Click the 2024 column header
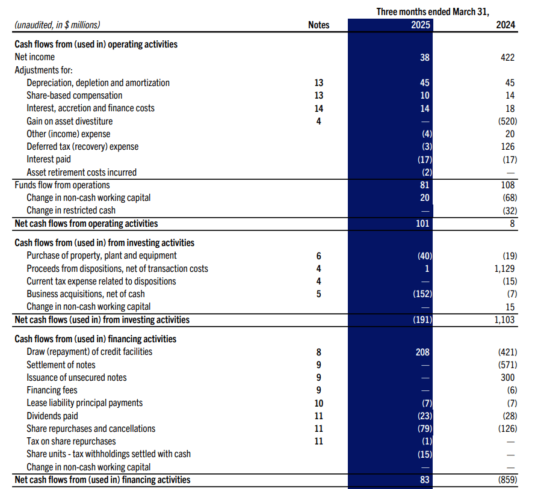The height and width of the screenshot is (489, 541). point(505,25)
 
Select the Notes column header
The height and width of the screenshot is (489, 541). point(318,25)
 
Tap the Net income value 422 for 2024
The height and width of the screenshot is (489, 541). point(507,57)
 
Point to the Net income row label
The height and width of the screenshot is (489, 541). point(34,57)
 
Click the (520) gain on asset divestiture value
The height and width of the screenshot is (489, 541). point(505,121)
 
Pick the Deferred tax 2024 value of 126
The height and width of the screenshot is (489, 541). point(509,147)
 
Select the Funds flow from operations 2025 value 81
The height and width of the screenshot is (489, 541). point(424,185)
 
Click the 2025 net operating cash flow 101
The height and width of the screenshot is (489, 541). point(424,223)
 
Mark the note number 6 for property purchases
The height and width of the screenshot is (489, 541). point(318,256)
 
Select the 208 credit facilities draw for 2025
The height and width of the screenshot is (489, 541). point(423,352)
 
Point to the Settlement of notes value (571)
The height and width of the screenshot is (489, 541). point(505,364)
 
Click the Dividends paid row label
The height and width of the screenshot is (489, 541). point(52,416)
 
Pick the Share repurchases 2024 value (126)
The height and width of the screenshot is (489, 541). point(505,428)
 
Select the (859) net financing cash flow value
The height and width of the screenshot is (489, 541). point(505,479)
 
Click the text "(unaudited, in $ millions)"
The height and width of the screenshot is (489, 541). point(57,25)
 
